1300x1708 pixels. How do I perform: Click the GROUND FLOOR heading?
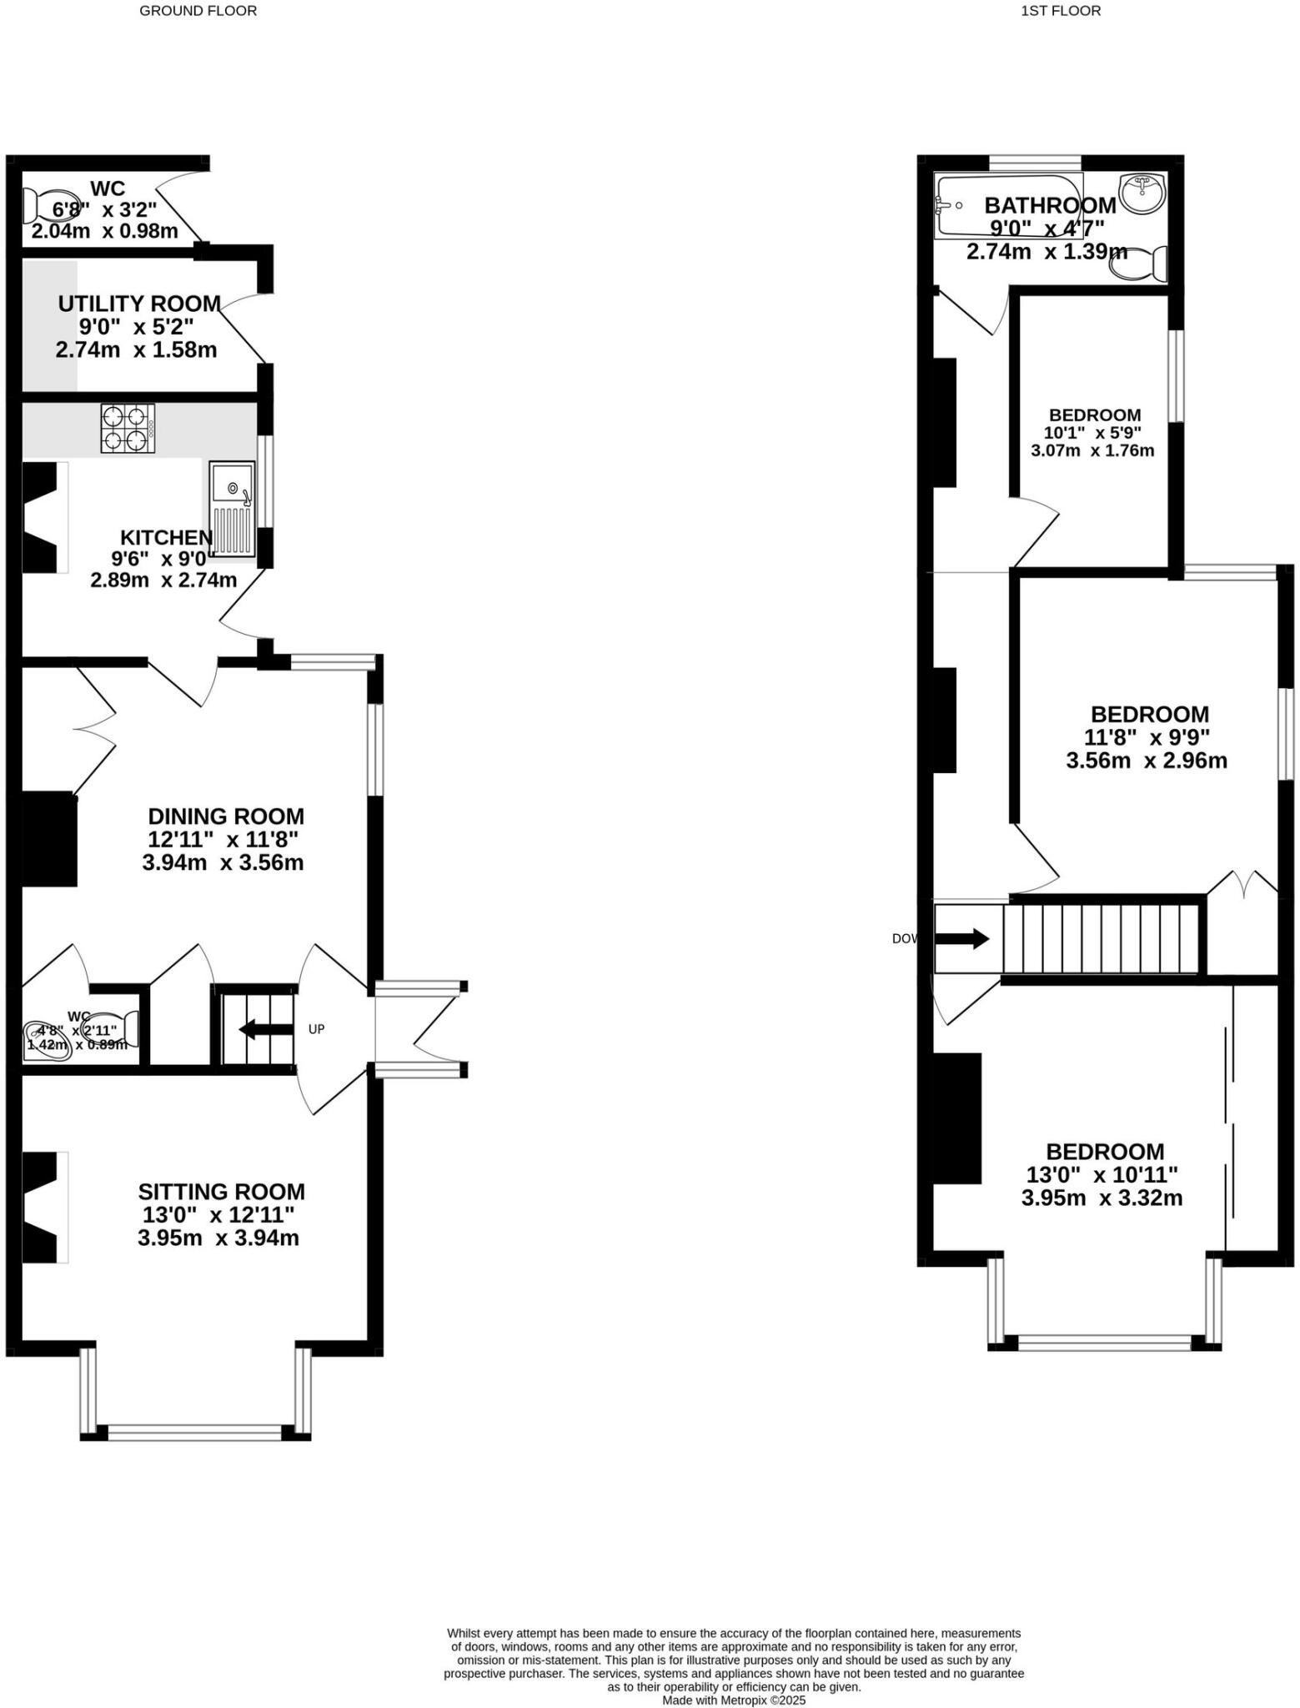click(198, 11)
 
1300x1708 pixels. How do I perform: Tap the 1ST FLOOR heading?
click(1061, 11)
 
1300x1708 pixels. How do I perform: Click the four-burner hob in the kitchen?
click(128, 428)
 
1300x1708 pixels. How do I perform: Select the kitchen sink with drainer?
click(232, 509)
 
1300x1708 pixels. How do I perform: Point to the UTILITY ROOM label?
click(139, 304)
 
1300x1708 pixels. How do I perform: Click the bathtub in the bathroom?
click(1007, 205)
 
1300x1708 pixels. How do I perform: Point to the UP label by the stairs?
click(316, 1029)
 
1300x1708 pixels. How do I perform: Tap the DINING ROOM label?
click(226, 816)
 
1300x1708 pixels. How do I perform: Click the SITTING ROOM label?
click(221, 1191)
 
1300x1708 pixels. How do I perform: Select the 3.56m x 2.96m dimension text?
click(1147, 761)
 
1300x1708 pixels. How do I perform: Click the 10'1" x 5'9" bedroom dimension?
click(1092, 433)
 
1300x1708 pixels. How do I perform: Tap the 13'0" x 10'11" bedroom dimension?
click(1102, 1174)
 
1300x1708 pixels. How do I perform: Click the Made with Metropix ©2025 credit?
click(734, 1700)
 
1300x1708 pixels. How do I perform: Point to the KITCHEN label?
click(166, 537)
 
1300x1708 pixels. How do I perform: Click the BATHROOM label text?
click(1050, 205)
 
